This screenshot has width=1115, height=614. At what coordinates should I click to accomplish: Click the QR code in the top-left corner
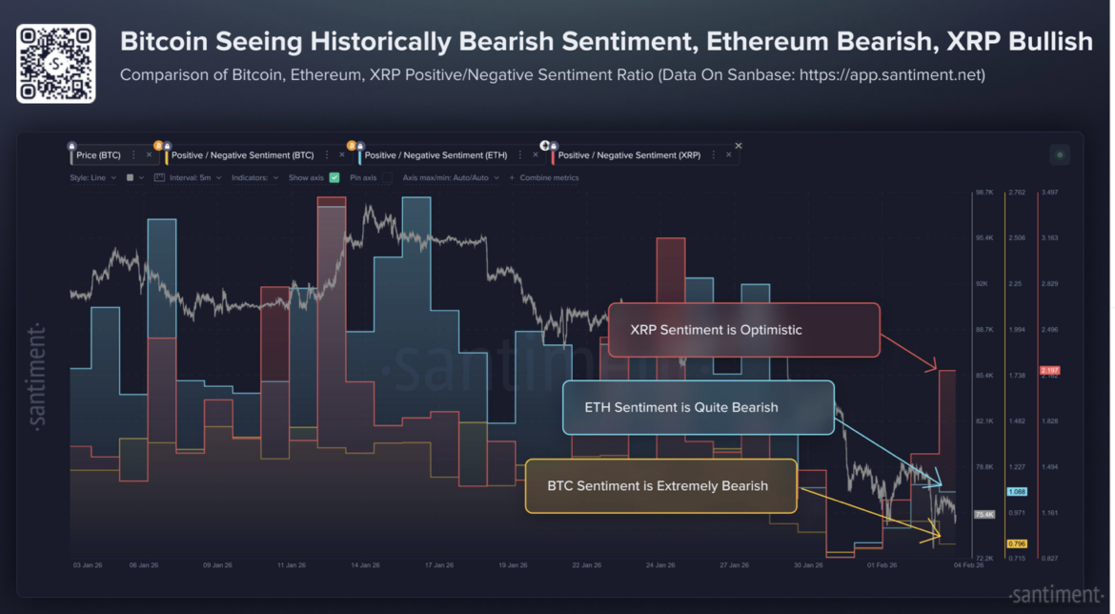point(55,63)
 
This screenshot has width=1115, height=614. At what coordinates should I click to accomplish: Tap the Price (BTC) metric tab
point(99,154)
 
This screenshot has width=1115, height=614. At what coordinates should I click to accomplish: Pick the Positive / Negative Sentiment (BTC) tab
point(242,154)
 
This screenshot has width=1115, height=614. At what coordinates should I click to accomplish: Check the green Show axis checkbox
point(334,177)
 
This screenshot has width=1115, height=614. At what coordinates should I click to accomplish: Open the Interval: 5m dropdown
point(189,177)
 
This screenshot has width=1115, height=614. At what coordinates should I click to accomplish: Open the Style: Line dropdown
point(92,177)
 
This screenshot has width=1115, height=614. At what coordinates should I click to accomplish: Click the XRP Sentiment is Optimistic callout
point(743,330)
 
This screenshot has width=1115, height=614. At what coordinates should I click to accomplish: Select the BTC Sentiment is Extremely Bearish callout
point(659,485)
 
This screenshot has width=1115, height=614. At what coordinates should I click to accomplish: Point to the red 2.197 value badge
point(1049,370)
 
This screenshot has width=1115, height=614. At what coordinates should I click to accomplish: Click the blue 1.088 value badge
point(1016,492)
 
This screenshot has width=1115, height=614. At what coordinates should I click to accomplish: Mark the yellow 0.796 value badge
point(1016,543)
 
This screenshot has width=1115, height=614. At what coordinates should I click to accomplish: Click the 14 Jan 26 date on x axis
point(366,565)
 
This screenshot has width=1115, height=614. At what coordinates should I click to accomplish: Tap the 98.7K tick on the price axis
point(983,193)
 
